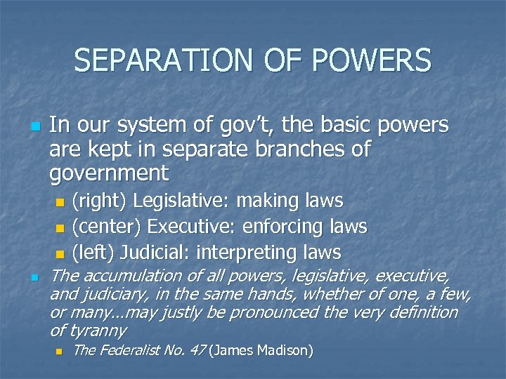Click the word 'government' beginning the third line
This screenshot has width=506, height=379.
point(109,173)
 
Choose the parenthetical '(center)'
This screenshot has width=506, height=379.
point(108,227)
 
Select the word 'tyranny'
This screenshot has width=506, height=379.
point(96,330)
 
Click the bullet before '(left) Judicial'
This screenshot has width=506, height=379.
point(60,253)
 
